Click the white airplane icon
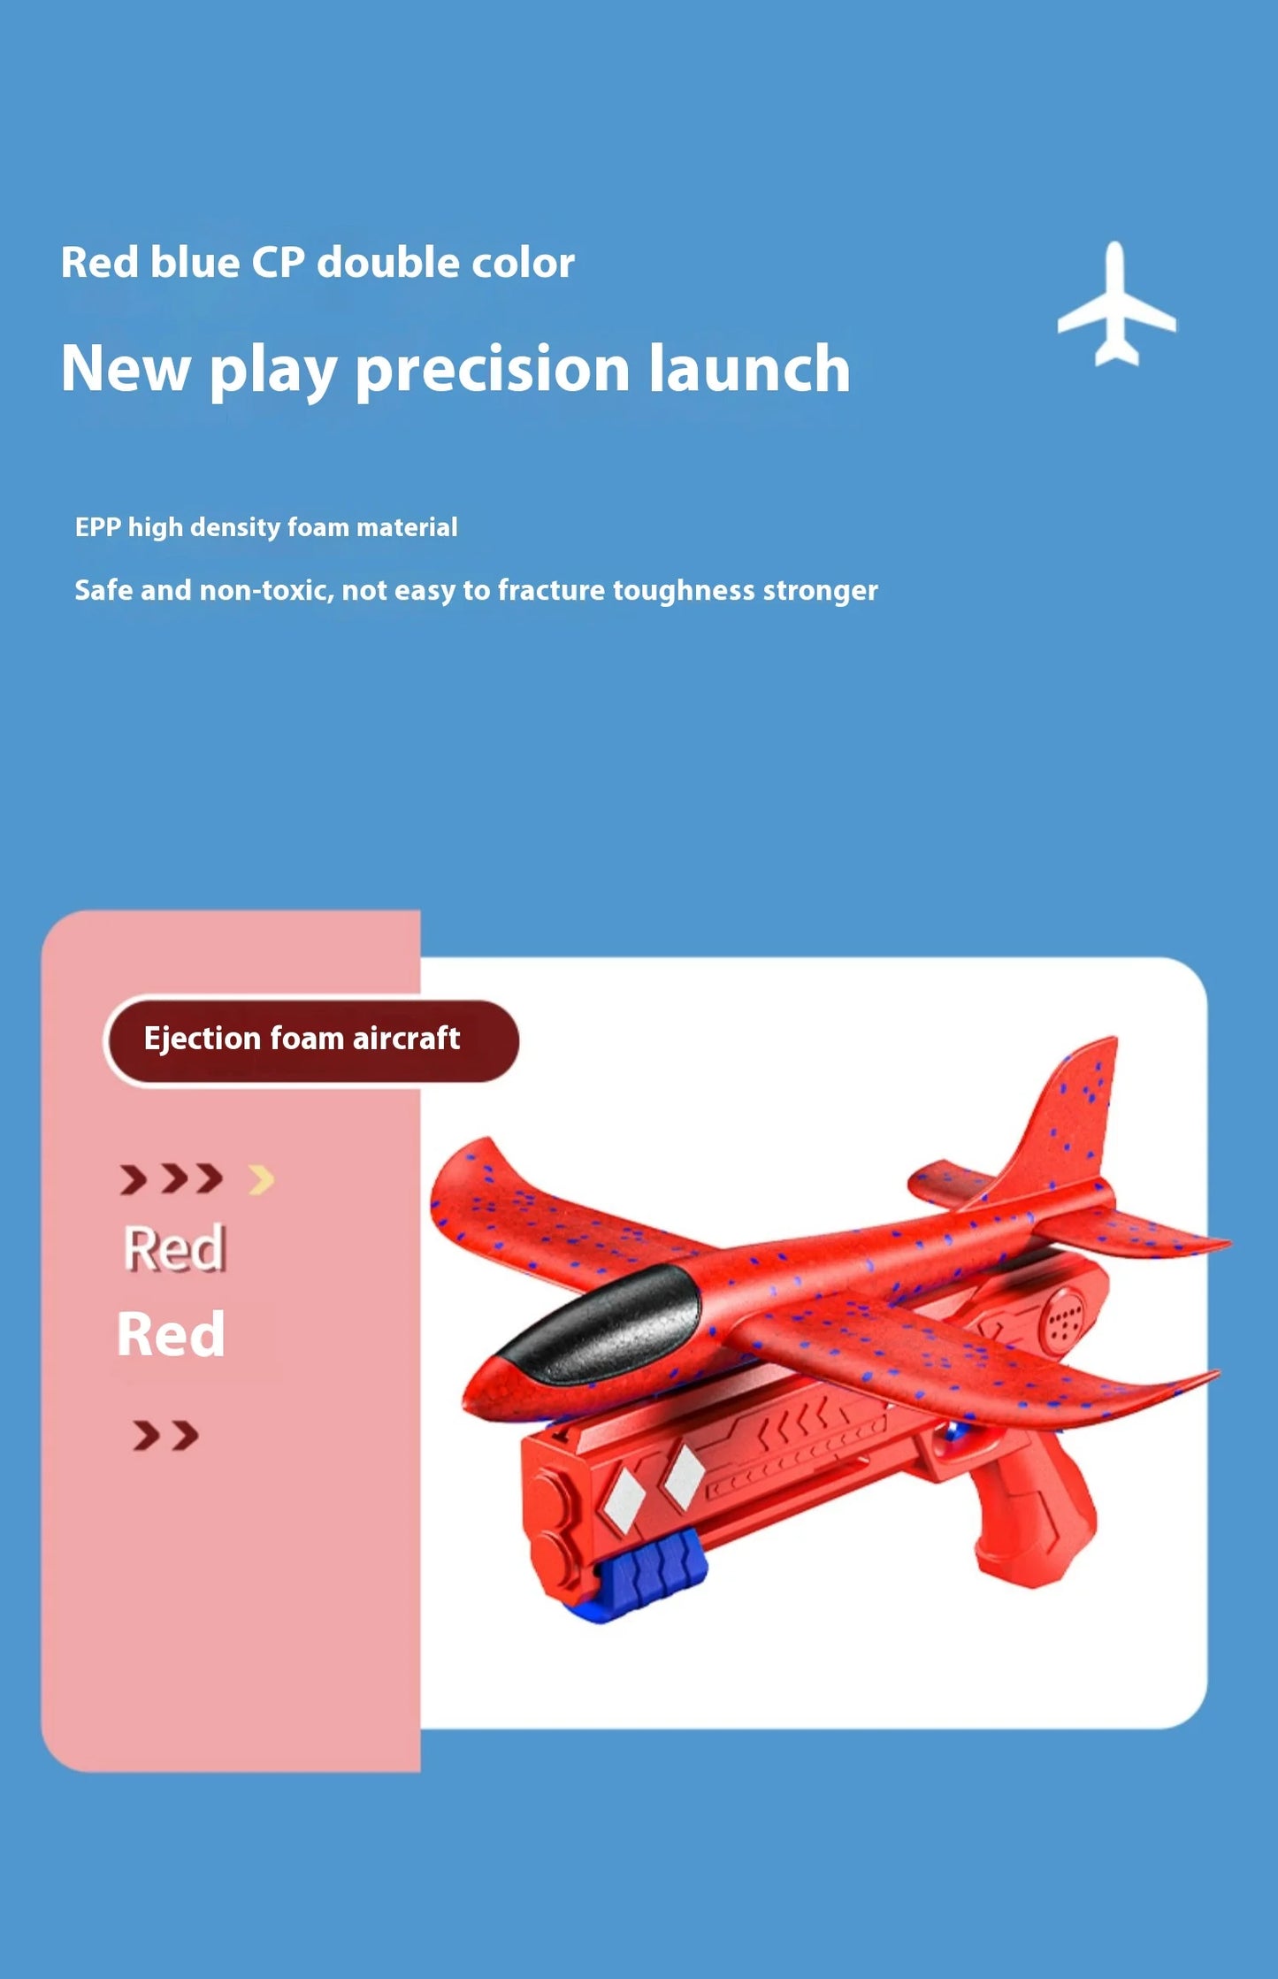point(1116,305)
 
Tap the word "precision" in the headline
point(491,370)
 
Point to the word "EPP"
point(97,527)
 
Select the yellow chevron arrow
point(262,1178)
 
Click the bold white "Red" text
point(171,1334)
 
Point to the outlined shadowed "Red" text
point(174,1248)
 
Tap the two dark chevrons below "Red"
point(165,1435)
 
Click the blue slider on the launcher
point(650,1579)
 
